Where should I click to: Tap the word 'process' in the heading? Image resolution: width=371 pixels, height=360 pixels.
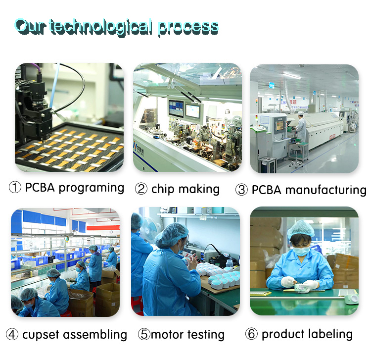188,27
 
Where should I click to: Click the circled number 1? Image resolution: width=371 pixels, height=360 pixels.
15,188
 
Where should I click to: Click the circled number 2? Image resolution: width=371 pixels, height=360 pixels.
141,189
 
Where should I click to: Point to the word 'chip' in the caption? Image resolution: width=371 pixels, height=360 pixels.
163,189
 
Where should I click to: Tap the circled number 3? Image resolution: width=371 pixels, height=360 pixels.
241,190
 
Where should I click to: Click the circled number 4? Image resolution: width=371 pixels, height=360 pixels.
12,335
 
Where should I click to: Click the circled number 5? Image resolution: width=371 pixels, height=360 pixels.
144,335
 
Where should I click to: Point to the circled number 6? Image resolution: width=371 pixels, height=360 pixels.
252,334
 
